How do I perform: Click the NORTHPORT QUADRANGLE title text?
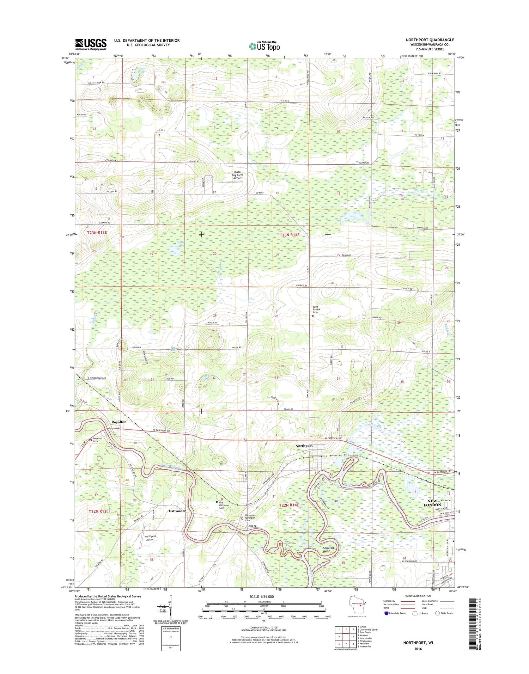(x=430, y=40)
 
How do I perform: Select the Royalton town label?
(x=119, y=422)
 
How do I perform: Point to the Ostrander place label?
(x=177, y=511)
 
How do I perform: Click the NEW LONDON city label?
(x=432, y=503)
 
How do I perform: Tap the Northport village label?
(x=304, y=446)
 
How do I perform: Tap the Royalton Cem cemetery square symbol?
(x=90, y=440)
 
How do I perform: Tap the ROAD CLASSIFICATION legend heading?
(x=418, y=596)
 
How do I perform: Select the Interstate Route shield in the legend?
(x=386, y=613)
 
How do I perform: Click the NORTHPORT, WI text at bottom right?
(x=418, y=643)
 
